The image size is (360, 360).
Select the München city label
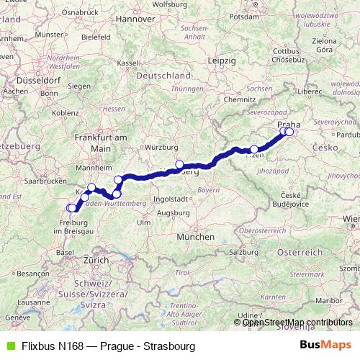click(197, 236)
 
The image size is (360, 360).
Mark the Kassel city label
click(127, 63)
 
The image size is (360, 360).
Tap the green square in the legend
click(9, 346)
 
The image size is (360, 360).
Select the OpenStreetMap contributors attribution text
click(297, 322)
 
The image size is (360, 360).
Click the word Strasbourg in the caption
click(170, 346)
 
